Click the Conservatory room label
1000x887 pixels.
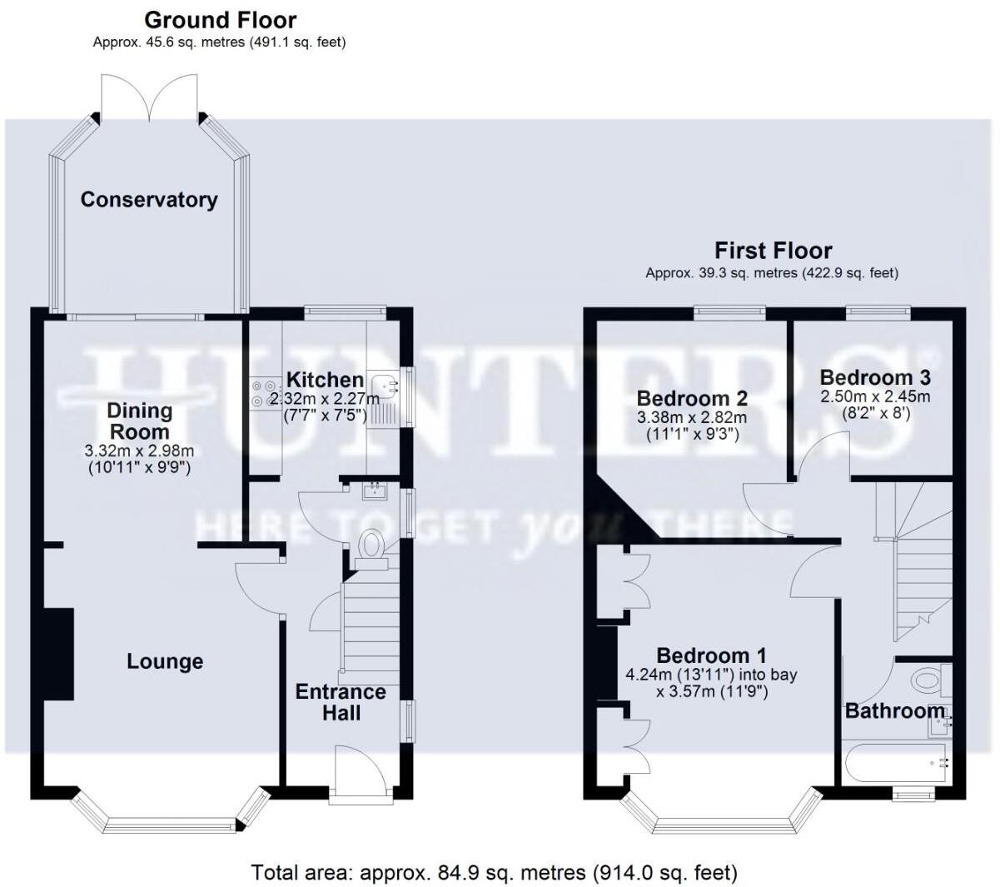[149, 200]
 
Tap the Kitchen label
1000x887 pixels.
[325, 380]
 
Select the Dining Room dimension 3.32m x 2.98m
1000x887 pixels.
[140, 451]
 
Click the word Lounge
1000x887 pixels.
[165, 661]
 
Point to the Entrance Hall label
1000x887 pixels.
[341, 702]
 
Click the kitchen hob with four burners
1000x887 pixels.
[265, 394]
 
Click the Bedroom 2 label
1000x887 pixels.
[692, 398]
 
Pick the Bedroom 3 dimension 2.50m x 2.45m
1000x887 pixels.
[875, 396]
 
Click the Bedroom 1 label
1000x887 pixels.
[711, 655]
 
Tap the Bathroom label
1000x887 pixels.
[895, 710]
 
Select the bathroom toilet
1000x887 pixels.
[927, 680]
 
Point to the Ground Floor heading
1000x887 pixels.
[220, 20]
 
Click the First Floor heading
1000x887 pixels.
[773, 251]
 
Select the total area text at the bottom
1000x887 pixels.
[494, 872]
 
